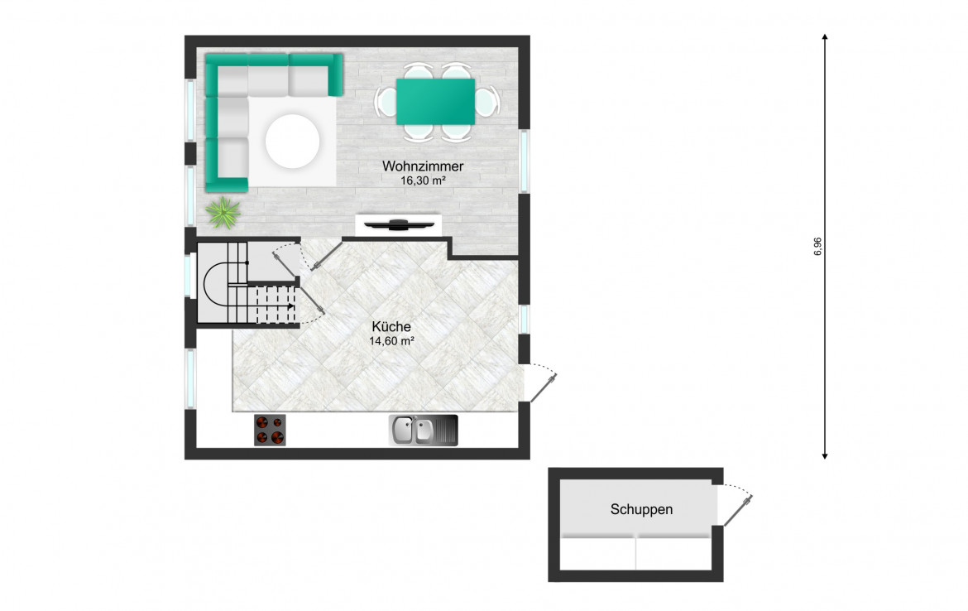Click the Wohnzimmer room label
[423, 166]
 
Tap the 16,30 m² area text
[423, 180]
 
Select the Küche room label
[391, 326]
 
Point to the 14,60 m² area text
[391, 340]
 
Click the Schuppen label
[641, 509]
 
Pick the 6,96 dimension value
[818, 247]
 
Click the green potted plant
[223, 213]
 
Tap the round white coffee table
[292, 141]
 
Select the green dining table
[435, 101]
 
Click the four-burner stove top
[270, 430]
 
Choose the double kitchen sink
[423, 430]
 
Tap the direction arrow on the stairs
[290, 305]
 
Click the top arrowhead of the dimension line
[825, 38]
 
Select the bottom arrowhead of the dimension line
[825, 455]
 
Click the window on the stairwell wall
[188, 276]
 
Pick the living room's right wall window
[525, 161]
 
